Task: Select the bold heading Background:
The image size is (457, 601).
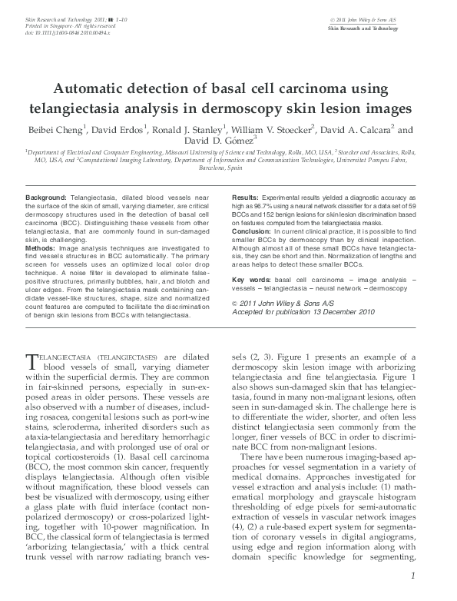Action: click(45, 198)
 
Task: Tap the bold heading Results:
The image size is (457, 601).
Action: click(246, 198)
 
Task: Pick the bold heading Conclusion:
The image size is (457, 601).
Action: click(252, 231)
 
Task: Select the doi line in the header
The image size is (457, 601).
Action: click(68, 34)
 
